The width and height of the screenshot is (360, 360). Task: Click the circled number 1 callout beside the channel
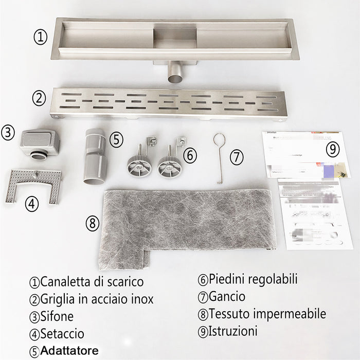[x=41, y=37]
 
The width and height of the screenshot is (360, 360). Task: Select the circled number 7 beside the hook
[x=236, y=157]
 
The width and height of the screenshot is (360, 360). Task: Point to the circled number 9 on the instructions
[x=333, y=149]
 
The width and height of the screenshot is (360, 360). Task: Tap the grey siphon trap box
[x=40, y=142]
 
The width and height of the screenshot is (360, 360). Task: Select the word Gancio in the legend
[x=227, y=297]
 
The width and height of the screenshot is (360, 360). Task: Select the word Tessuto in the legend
[x=231, y=314]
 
